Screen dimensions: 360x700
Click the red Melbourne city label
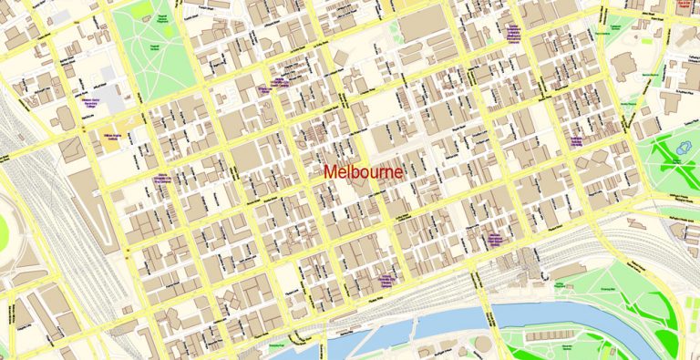click(x=363, y=172)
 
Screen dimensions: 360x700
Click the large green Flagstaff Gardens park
click(x=153, y=50)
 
